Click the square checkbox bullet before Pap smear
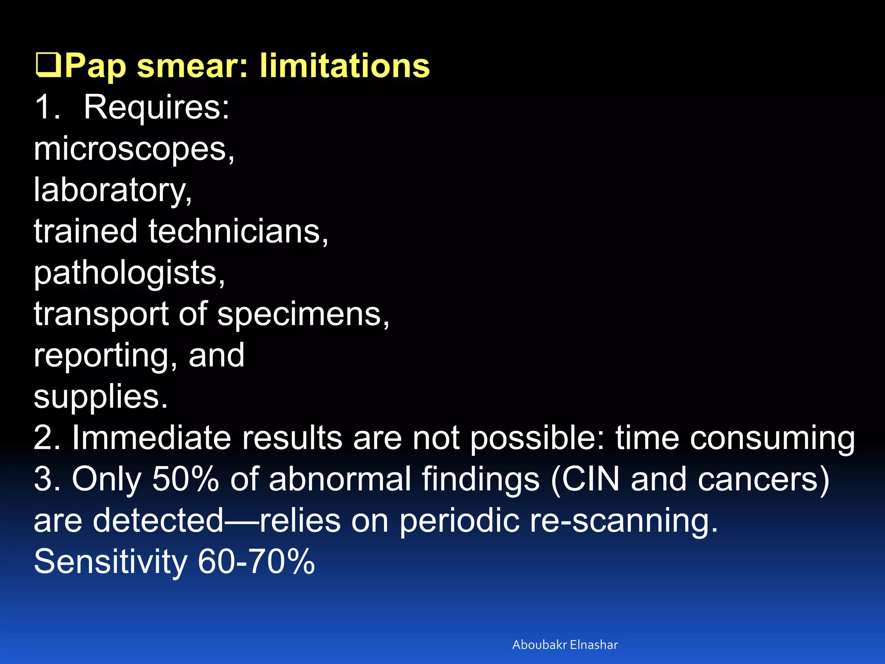click(x=48, y=65)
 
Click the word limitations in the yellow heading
click(x=344, y=65)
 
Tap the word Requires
click(x=156, y=107)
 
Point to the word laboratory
click(x=112, y=190)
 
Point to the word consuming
click(x=772, y=437)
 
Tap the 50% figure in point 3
click(x=185, y=479)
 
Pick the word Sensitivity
click(x=110, y=562)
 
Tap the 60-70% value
click(x=256, y=562)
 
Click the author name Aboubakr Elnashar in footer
click(x=565, y=645)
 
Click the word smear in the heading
click(x=192, y=65)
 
